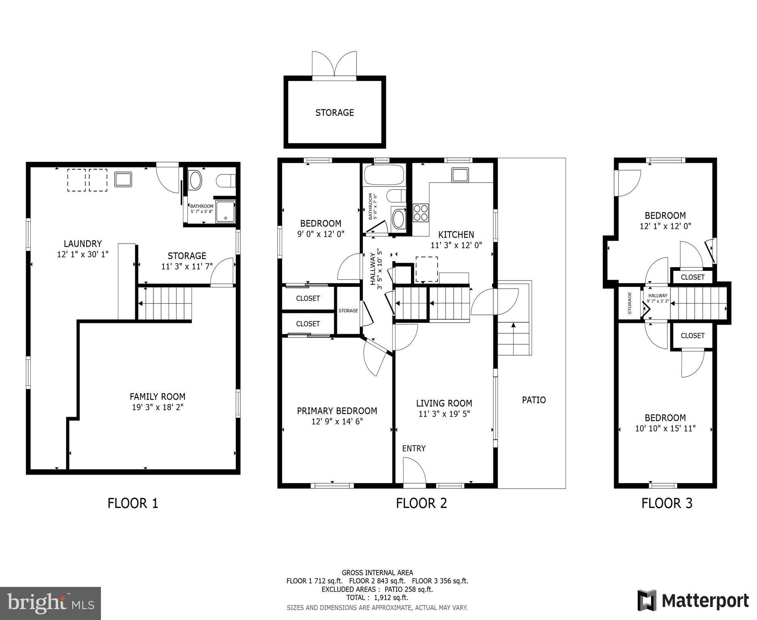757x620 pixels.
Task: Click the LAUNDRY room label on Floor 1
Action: point(83,243)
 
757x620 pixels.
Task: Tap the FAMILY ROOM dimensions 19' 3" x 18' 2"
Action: point(157,407)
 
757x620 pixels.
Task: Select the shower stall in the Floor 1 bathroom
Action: point(225,211)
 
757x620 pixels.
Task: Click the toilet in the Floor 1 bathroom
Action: point(226,180)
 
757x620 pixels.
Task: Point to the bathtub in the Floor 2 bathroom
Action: point(384,175)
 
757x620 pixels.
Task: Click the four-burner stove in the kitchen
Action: point(420,213)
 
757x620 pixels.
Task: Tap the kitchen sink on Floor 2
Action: point(459,175)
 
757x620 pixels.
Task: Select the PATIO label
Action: point(534,400)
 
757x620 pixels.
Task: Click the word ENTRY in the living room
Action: point(413,448)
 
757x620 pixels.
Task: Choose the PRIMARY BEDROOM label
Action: point(337,411)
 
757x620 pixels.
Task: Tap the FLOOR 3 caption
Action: point(667,503)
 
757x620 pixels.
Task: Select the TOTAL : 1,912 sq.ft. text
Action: point(377,598)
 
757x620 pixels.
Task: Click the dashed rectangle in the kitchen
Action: point(427,269)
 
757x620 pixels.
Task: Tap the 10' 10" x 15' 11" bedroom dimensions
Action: point(665,429)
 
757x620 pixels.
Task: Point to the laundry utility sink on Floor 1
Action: point(123,179)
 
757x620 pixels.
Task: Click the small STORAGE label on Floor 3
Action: point(629,303)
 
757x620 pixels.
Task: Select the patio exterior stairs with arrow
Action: point(513,338)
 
